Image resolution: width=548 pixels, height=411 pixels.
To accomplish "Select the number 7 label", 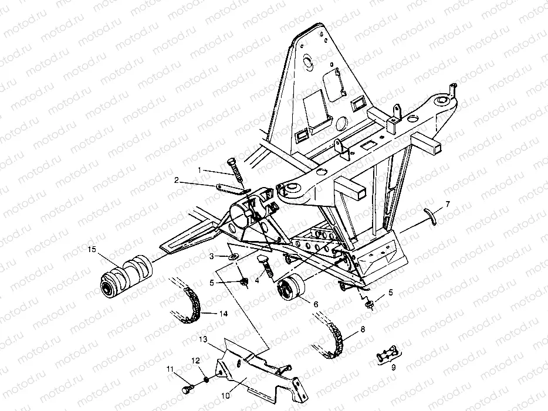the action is click(x=448, y=204).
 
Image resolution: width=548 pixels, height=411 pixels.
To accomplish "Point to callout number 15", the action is click(x=92, y=250).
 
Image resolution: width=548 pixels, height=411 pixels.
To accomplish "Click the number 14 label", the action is click(x=224, y=314).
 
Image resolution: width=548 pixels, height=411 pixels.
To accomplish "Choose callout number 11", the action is click(x=171, y=369).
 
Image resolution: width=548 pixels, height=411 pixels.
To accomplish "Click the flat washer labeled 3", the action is click(x=232, y=257).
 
